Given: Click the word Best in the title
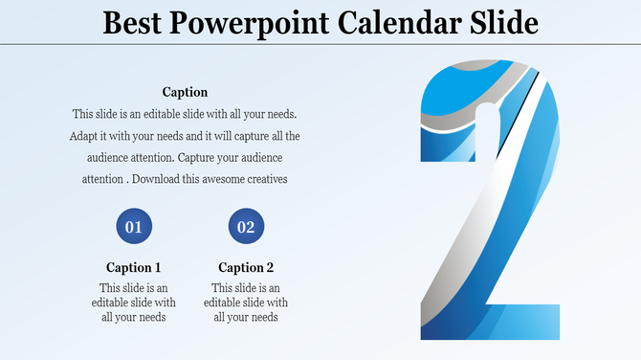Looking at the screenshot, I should (x=134, y=22).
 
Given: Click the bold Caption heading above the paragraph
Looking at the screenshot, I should (x=185, y=92).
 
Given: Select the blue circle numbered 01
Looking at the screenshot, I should (x=134, y=227).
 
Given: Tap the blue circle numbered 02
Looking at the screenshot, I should (x=246, y=227).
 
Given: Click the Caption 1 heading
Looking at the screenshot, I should (x=134, y=267).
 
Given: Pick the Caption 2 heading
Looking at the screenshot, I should (x=246, y=267).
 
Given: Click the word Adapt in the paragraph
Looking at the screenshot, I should (x=85, y=136).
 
